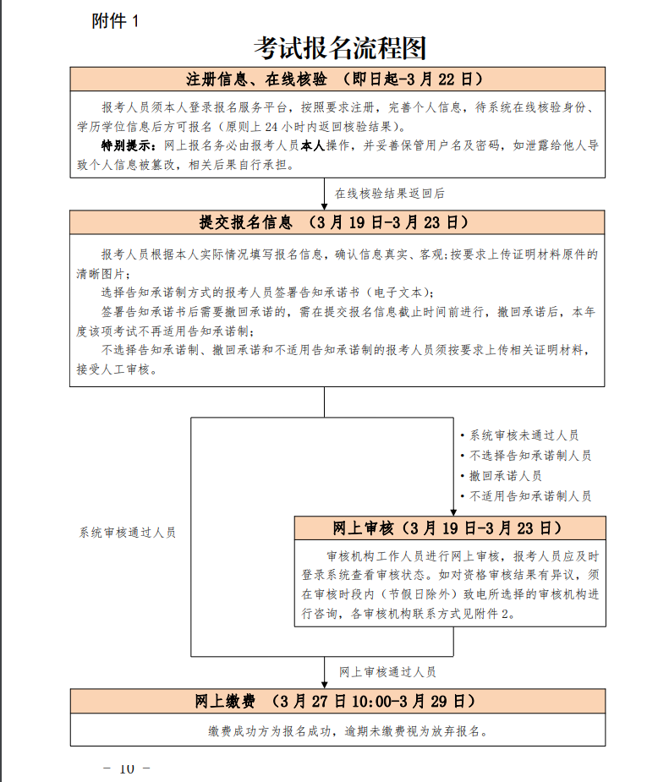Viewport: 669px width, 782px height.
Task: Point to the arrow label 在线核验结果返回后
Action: point(390,194)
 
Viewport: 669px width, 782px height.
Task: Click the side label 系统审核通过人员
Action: point(128,533)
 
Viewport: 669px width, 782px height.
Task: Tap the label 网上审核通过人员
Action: point(387,672)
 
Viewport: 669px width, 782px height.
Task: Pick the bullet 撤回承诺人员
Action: point(506,476)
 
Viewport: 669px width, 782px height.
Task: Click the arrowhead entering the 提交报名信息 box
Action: point(325,205)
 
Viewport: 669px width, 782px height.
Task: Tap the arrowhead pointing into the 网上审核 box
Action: point(454,511)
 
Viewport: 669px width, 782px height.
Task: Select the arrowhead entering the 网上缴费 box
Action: point(325,684)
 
